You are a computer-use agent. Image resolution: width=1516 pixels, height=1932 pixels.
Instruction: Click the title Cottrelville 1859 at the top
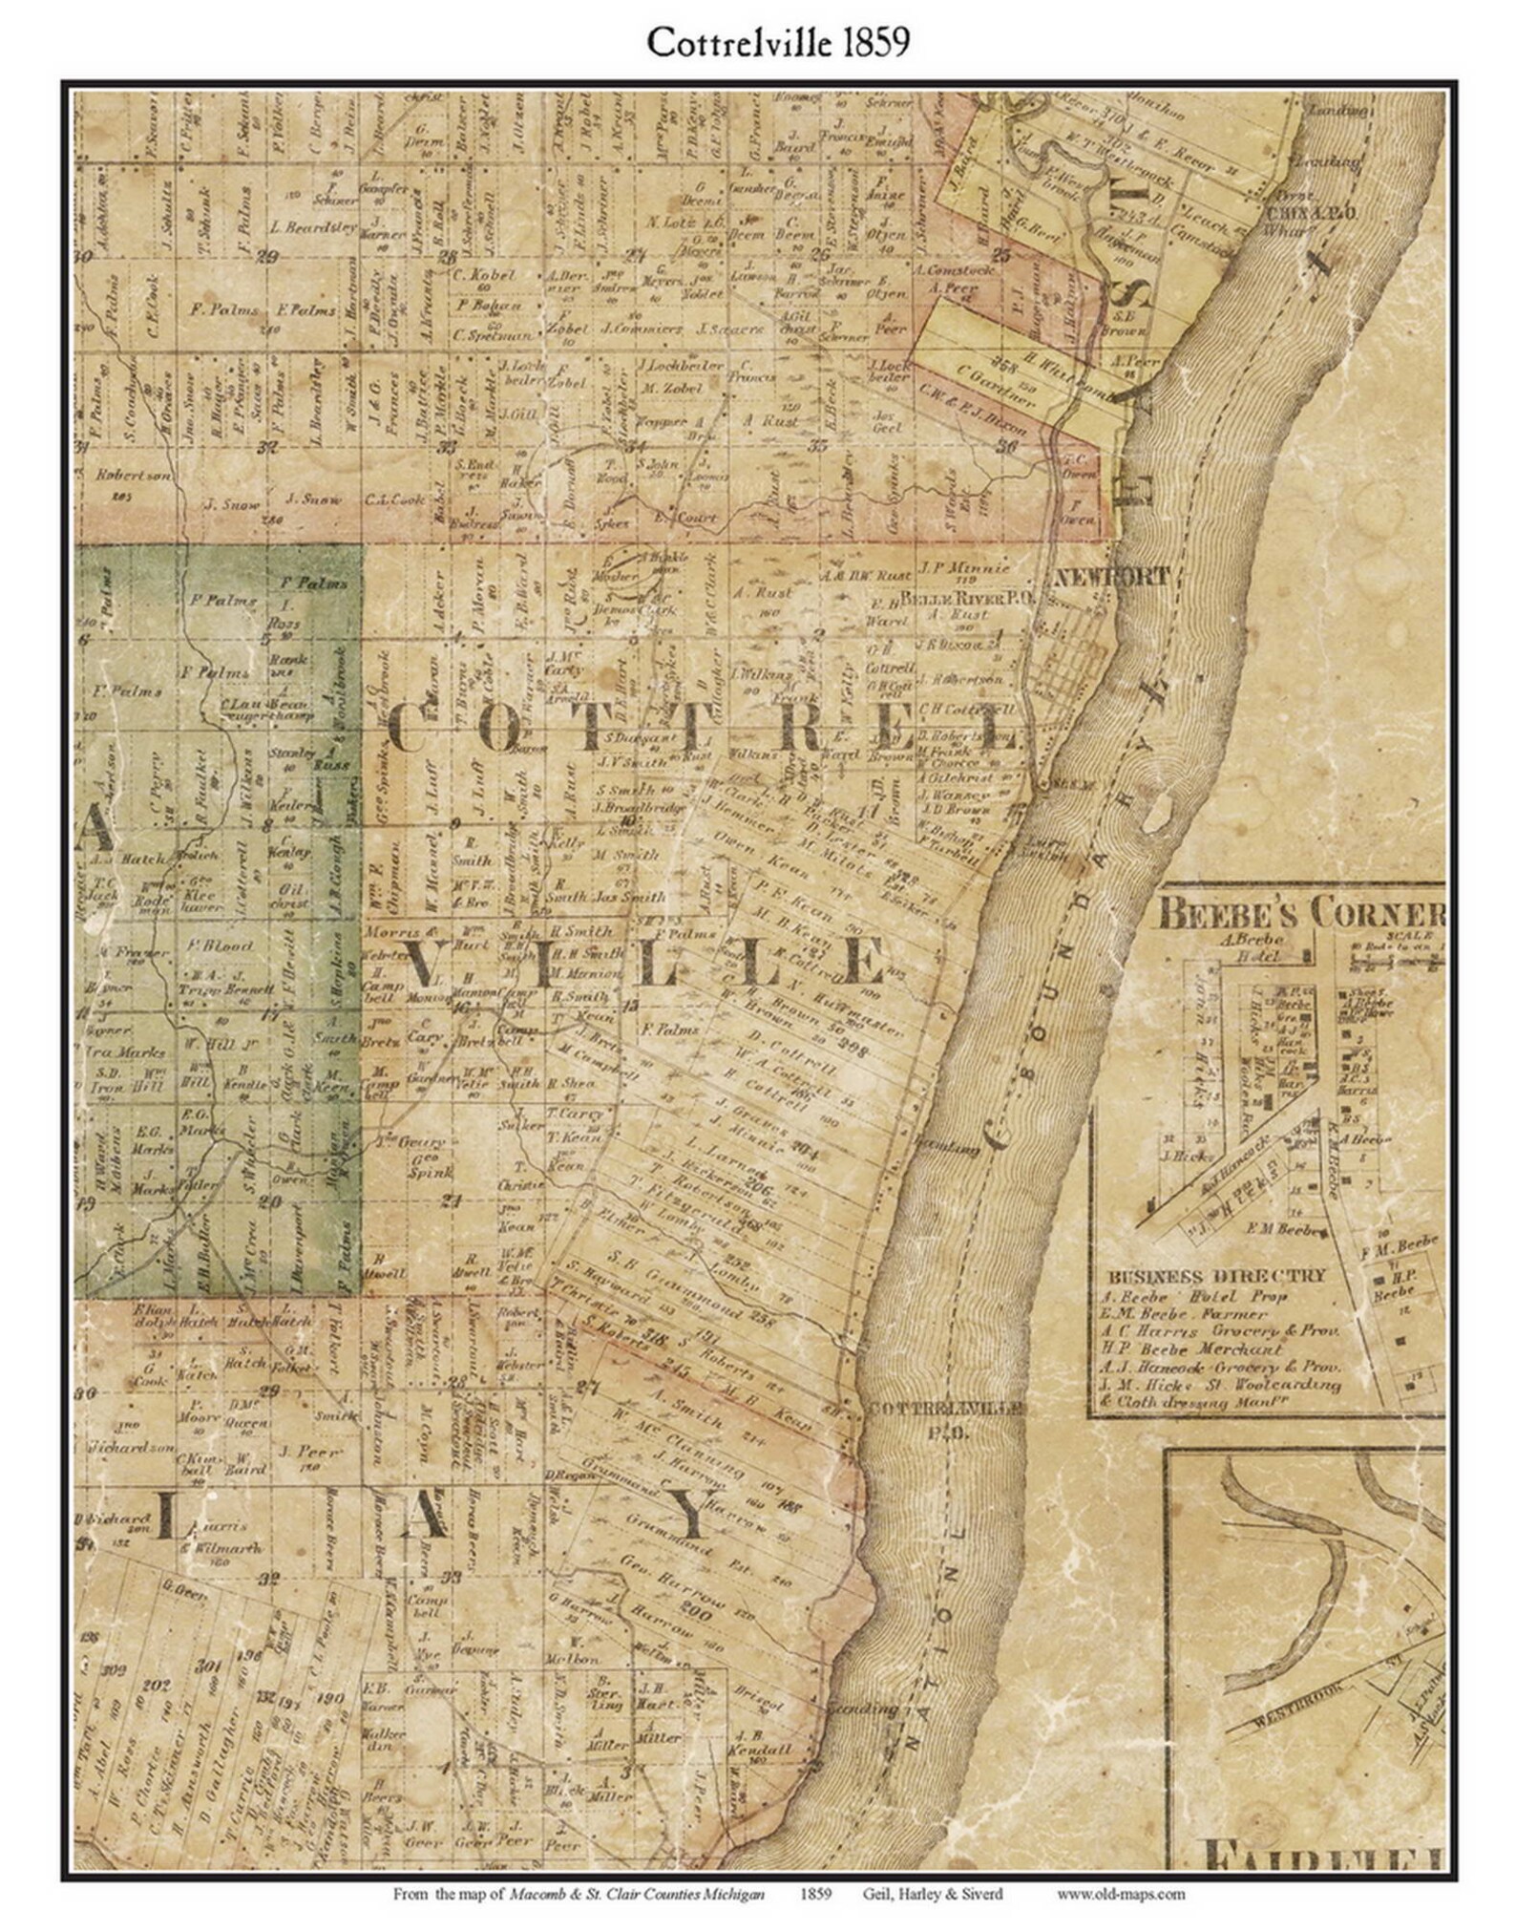(x=777, y=42)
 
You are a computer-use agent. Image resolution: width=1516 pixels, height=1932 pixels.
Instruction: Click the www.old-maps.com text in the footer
(x=1120, y=1894)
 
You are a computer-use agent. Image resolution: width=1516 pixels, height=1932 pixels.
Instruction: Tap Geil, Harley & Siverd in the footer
(x=932, y=1894)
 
